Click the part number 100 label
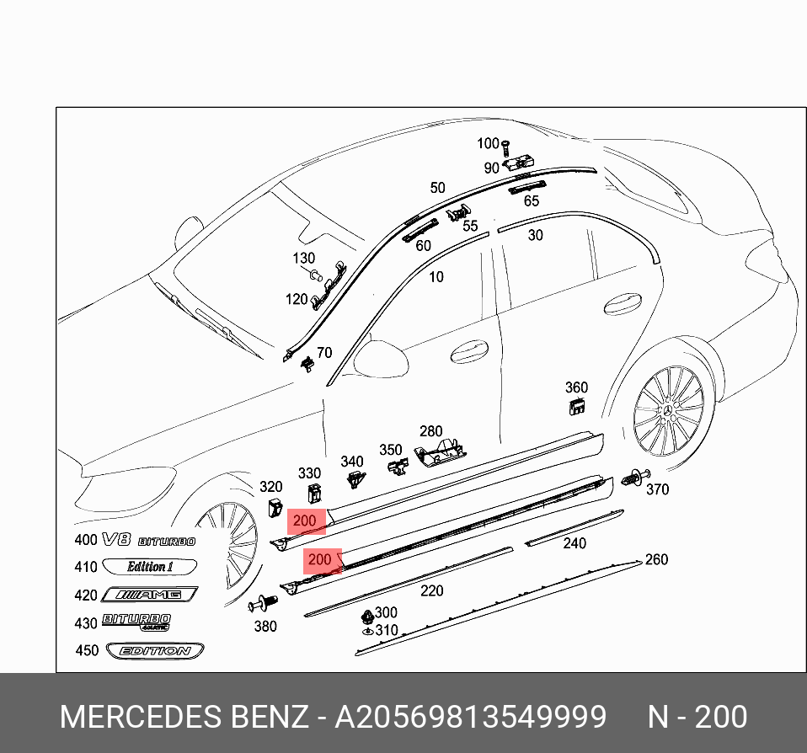489,144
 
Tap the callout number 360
576,387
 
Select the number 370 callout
656,489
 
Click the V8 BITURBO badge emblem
148,540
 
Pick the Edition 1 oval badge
149,566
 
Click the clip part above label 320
275,508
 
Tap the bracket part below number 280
441,453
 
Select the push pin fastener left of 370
632,478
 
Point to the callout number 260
655,559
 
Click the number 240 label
575,543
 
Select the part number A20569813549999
470,717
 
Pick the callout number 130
303,259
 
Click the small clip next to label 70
307,363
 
